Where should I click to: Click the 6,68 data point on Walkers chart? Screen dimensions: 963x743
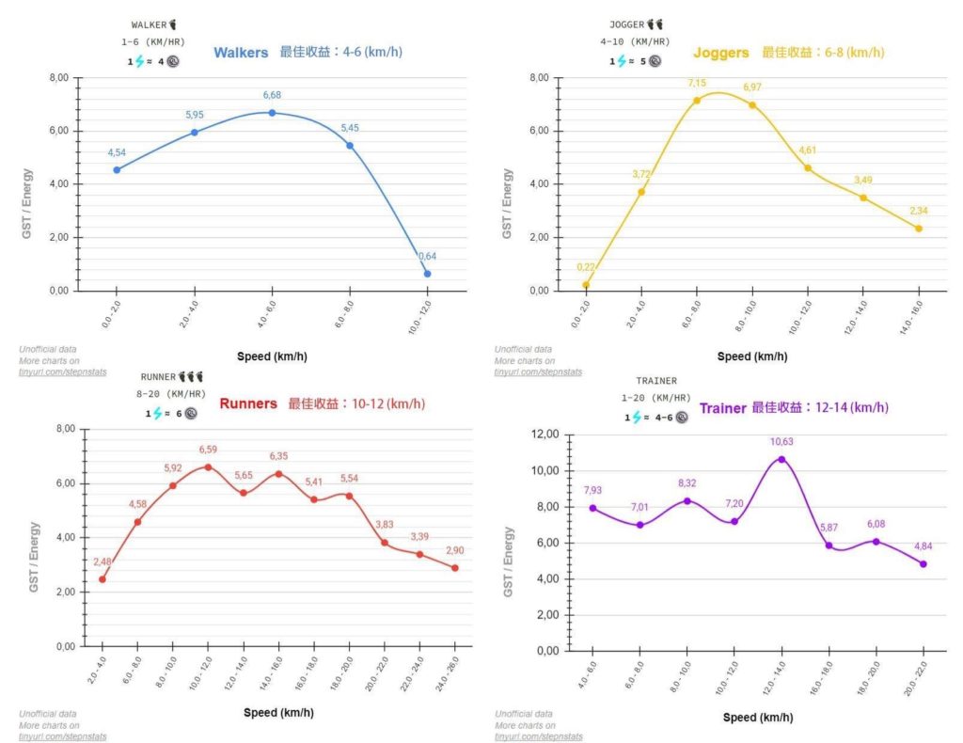point(272,113)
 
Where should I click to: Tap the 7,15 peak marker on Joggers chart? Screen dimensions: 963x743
point(697,101)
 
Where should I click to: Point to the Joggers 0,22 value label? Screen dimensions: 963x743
point(585,267)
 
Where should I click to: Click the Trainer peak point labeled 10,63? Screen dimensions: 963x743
point(781,459)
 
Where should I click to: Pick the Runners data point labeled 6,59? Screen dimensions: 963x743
point(208,467)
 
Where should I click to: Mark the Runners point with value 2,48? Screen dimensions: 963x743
point(103,579)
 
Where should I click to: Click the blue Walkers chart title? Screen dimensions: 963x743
point(241,53)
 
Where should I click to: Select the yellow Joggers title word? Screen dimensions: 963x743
point(721,53)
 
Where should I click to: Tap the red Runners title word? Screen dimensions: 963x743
point(248,403)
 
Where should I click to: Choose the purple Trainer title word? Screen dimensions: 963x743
point(723,408)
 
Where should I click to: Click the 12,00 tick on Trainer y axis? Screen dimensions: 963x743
point(545,435)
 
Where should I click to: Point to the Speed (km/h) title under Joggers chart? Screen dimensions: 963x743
point(752,356)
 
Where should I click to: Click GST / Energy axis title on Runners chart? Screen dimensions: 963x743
point(34,557)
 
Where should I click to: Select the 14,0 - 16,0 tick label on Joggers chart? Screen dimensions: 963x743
point(910,318)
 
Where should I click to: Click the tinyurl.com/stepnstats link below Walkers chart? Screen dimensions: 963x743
point(63,372)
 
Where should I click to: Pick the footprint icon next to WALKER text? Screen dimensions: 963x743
point(173,24)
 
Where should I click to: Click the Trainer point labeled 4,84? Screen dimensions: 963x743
point(924,563)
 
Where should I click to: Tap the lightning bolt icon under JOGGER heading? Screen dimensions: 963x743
point(622,61)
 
